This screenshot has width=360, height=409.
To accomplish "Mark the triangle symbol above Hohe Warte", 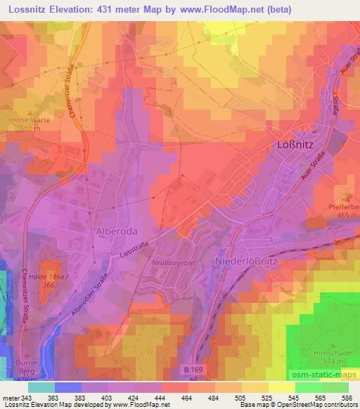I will click(28, 111).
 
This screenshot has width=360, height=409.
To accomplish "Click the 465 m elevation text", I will click(344, 215).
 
